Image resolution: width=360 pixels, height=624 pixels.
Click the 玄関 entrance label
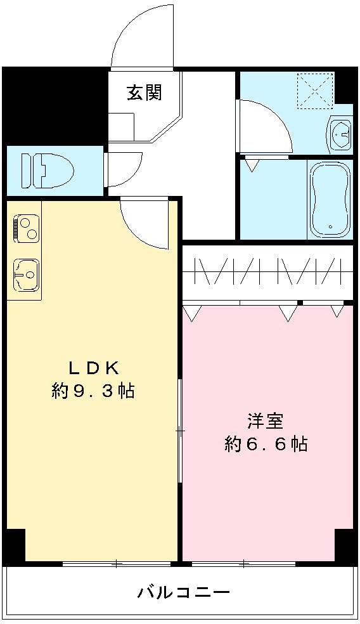coord(145,93)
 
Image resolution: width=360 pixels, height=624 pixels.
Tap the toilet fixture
coord(48,169)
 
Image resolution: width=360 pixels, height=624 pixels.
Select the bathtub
coord(330,198)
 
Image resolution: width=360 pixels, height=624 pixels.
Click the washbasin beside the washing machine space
coord(340,134)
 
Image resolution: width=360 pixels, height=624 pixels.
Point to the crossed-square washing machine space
coord(316,89)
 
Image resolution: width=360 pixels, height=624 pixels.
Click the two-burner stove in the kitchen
coord(25,229)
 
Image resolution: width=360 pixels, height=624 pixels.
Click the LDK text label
coord(93,367)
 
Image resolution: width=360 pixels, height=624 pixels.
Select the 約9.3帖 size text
coord(93,391)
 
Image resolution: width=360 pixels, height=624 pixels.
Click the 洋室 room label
coord(265,420)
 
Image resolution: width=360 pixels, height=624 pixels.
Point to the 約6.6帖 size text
coord(266,444)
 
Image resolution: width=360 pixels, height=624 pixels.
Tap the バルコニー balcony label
coord(183,593)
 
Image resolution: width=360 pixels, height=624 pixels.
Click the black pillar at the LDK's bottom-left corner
coord(14,545)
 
